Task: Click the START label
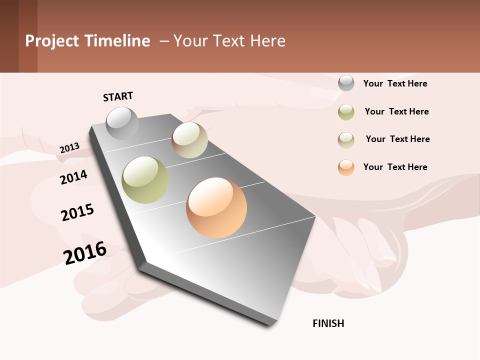(118, 96)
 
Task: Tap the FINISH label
(328, 323)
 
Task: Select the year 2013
(69, 148)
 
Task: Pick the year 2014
(73, 177)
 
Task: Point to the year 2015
(77, 212)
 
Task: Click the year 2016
(85, 252)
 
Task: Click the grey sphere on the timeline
(122, 123)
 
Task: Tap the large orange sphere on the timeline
(216, 207)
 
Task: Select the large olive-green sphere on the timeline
(145, 180)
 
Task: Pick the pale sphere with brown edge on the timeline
(190, 140)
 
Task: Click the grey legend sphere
(346, 83)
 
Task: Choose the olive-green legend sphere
(346, 112)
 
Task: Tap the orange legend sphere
(346, 167)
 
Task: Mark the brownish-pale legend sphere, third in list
(346, 139)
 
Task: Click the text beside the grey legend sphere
(395, 83)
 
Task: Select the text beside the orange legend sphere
(395, 167)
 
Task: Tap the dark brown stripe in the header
(9, 36)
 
